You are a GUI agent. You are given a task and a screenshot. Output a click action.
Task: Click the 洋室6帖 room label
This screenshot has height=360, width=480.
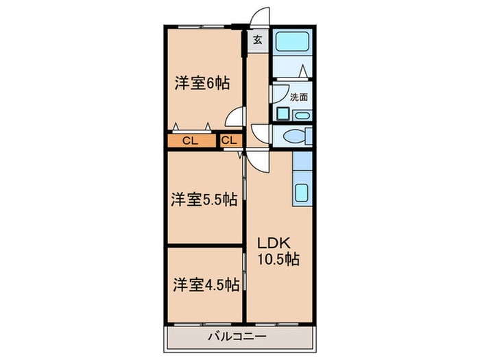(201, 84)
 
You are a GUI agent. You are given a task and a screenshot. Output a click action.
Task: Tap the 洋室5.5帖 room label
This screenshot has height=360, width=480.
(204, 200)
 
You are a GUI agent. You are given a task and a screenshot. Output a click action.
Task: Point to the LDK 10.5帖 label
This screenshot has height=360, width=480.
(278, 251)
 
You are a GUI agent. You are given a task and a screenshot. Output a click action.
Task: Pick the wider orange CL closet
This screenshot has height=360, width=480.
(191, 141)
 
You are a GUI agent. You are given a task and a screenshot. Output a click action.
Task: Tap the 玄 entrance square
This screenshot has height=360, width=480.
(257, 40)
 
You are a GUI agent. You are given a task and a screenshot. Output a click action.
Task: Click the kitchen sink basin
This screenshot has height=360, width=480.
(302, 192)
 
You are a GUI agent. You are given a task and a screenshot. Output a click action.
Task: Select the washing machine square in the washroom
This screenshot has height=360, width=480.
(283, 115)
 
